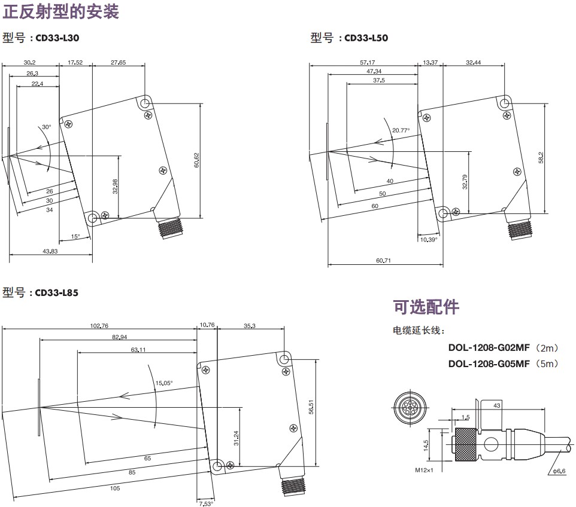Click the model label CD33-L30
[57, 38]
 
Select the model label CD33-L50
[366, 38]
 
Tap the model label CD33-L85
[57, 293]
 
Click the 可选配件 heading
[426, 307]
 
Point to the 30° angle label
[47, 127]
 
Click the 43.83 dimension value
[50, 251]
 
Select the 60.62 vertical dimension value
[196, 160]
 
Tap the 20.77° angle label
[401, 130]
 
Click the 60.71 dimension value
[383, 261]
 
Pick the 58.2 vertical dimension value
[541, 157]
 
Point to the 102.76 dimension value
[99, 326]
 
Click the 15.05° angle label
[164, 383]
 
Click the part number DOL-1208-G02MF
[489, 347]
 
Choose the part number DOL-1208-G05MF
[489, 363]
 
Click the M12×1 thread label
[425, 470]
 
